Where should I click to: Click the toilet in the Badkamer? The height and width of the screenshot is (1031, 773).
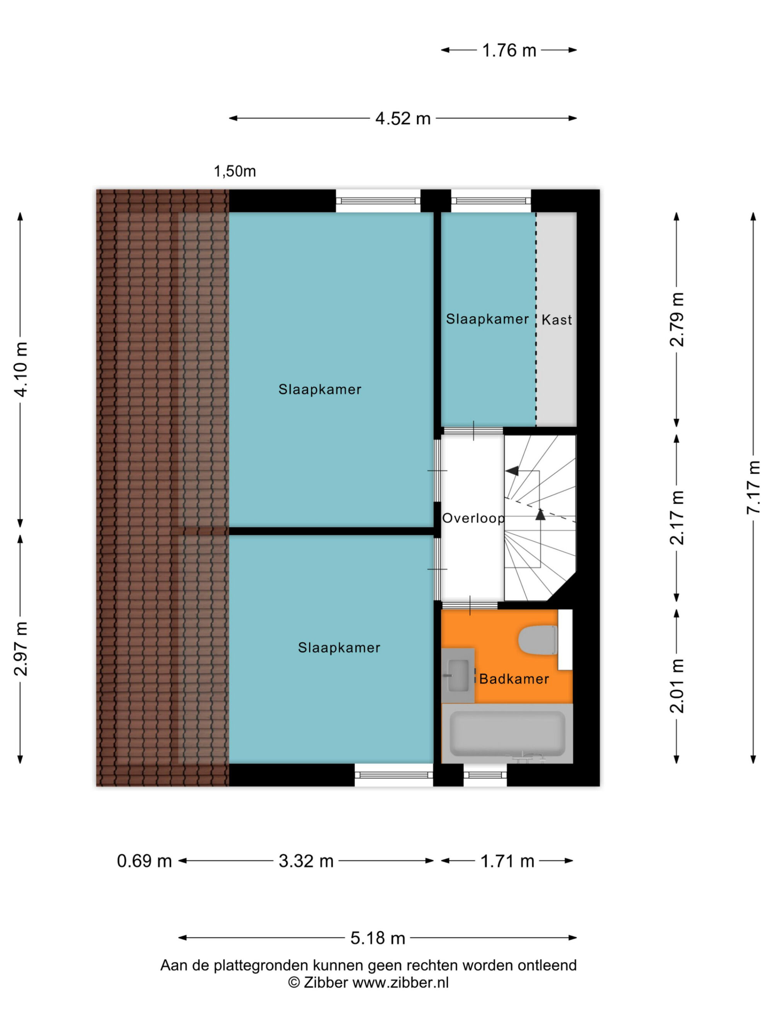pos(538,641)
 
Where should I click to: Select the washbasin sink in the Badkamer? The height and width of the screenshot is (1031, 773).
pos(458,675)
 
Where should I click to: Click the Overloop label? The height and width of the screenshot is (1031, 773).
pos(473,518)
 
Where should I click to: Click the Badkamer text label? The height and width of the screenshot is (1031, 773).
pos(514,678)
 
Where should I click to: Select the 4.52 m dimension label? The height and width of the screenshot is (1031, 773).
pos(403,119)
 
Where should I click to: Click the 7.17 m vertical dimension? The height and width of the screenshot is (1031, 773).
pos(753,487)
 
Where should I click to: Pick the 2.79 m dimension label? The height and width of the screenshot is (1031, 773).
pos(677,320)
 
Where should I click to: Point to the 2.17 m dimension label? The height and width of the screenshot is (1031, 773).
pos(677,518)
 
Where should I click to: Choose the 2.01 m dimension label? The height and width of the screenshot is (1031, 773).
pos(677,686)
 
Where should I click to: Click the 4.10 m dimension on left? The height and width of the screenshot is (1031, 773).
pos(20,369)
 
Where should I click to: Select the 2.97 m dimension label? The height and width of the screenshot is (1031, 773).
pos(20,649)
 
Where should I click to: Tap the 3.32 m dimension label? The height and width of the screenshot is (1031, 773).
pos(306,861)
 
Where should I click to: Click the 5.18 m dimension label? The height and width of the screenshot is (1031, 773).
pos(378,938)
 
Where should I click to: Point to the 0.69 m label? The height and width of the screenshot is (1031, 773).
pos(145,861)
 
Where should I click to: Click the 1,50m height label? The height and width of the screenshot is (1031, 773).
pos(235,172)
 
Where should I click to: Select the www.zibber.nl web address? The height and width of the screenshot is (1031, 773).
pos(401,983)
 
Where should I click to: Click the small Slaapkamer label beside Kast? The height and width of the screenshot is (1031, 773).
pos(487,319)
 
